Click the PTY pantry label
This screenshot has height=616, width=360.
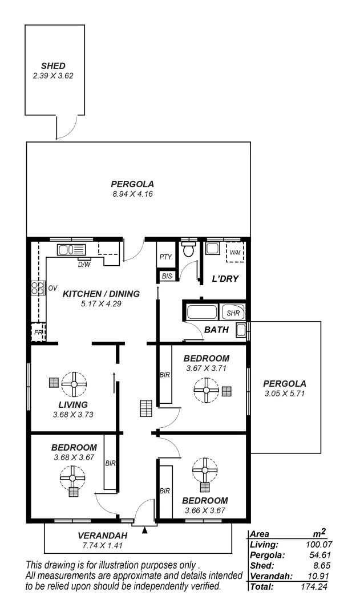pos(165,257)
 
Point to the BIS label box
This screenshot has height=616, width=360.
pos(166,276)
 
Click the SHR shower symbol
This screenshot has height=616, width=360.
pos(233,313)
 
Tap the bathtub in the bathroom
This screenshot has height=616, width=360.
pos(203,313)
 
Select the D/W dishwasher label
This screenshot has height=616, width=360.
pos(83,264)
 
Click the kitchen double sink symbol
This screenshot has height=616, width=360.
pos(71,250)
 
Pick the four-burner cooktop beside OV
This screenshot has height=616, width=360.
pos(38,289)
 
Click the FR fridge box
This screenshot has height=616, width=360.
pos(38,331)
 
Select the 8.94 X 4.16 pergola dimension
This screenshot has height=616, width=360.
pos(133,194)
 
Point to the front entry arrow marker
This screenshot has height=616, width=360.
pos(144,530)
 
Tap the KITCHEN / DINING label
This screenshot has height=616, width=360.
pos(102,294)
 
